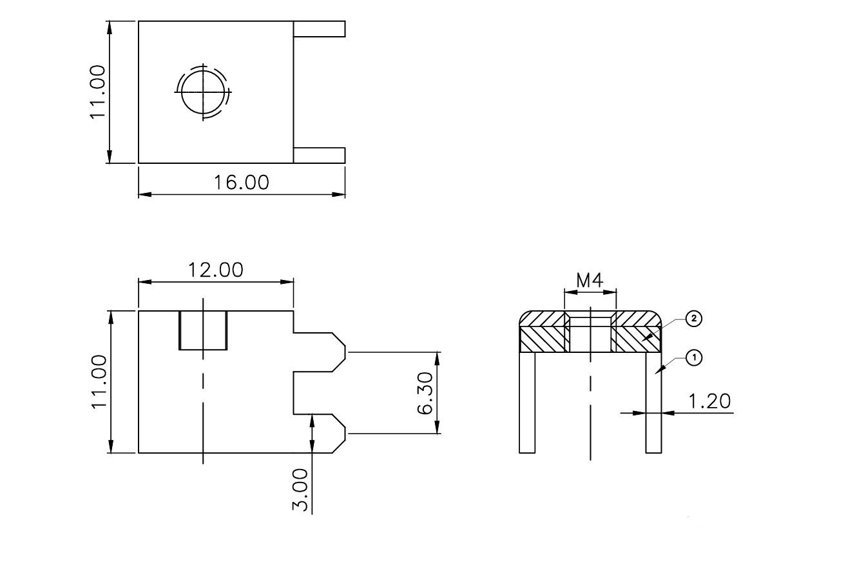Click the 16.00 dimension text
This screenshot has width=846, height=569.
click(242, 182)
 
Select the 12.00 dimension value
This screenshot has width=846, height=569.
click(216, 270)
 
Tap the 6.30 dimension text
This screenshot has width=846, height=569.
click(426, 393)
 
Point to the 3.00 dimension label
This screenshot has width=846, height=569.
click(300, 490)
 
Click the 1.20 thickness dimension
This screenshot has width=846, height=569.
click(709, 401)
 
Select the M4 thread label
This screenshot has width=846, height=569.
click(590, 281)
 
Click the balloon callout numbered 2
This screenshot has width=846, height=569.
click(694, 319)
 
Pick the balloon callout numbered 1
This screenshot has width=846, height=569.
click(694, 357)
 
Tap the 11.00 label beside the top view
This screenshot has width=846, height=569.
click(97, 92)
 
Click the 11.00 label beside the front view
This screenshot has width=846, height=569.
click(99, 381)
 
